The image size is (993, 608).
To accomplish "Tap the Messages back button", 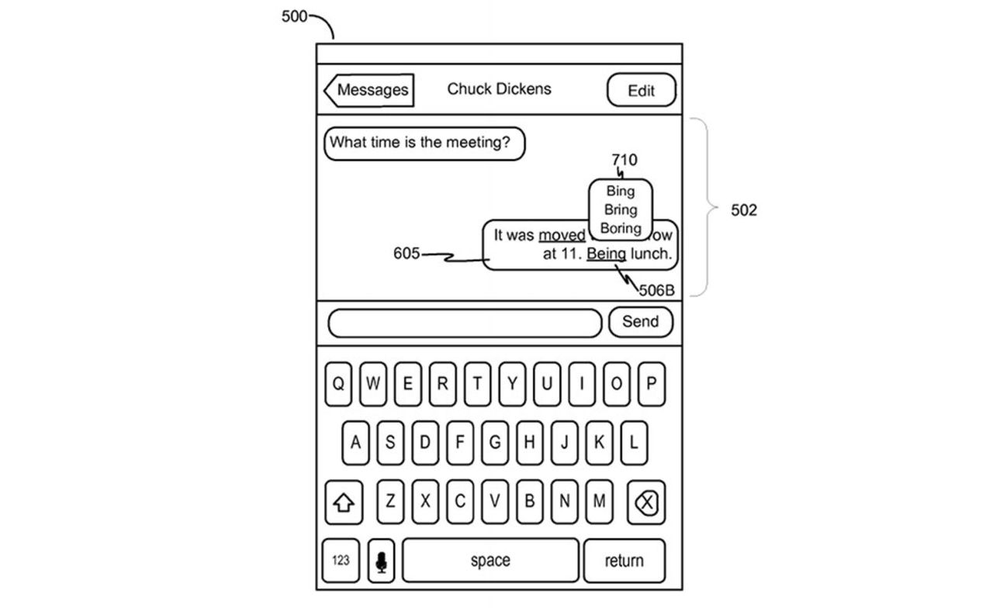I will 369,90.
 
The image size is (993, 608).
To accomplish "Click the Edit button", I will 641,90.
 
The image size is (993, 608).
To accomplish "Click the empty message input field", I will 465,323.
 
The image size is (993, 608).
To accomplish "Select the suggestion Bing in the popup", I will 620,191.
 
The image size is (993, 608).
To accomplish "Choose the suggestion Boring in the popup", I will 620,228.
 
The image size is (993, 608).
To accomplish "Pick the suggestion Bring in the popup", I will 620,209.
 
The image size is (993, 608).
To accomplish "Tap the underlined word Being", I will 606,254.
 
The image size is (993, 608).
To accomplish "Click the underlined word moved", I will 562,235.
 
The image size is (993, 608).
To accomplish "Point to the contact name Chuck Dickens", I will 499,88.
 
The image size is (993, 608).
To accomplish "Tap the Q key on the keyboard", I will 338,383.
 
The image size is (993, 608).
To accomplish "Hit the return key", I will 624,561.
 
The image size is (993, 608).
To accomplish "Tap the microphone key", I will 380,561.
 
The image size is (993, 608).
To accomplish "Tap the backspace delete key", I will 645,503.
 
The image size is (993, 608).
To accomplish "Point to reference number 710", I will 624,161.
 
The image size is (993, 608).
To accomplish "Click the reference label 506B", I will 656,291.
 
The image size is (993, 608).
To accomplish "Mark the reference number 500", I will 294,16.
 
